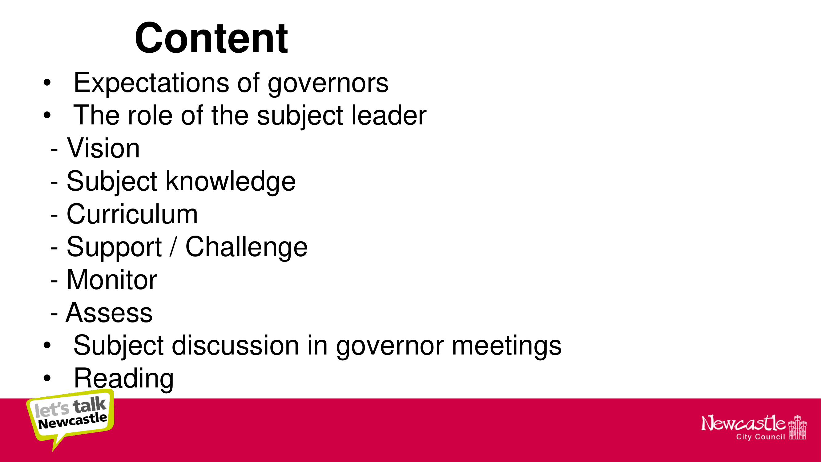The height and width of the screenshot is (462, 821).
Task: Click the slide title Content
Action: [211, 38]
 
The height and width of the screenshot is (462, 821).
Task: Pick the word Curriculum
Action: [132, 214]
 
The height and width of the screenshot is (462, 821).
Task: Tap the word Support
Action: [114, 248]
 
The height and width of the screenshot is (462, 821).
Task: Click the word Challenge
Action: [246, 248]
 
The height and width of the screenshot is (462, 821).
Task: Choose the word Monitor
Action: [112, 280]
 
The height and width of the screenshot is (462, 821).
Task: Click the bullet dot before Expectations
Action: [47, 83]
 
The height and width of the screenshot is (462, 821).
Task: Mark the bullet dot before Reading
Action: [47, 378]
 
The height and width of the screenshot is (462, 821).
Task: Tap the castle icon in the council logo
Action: [798, 427]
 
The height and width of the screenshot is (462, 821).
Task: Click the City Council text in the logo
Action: [760, 437]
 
